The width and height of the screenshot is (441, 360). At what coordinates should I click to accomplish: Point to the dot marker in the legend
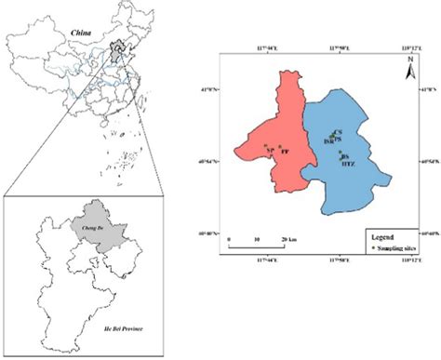tap(371, 250)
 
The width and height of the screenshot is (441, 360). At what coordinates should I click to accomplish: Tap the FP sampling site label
tap(287, 151)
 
